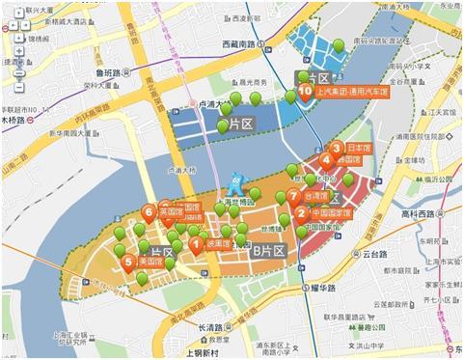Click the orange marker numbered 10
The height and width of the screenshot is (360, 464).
click(305, 92)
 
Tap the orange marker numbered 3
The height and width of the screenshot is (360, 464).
click(337, 148)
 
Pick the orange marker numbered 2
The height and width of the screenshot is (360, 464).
click(302, 212)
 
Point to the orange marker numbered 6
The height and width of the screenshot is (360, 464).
click(148, 210)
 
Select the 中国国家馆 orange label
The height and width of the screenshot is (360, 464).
click(331, 213)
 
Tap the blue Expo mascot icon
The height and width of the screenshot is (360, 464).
click(233, 183)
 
